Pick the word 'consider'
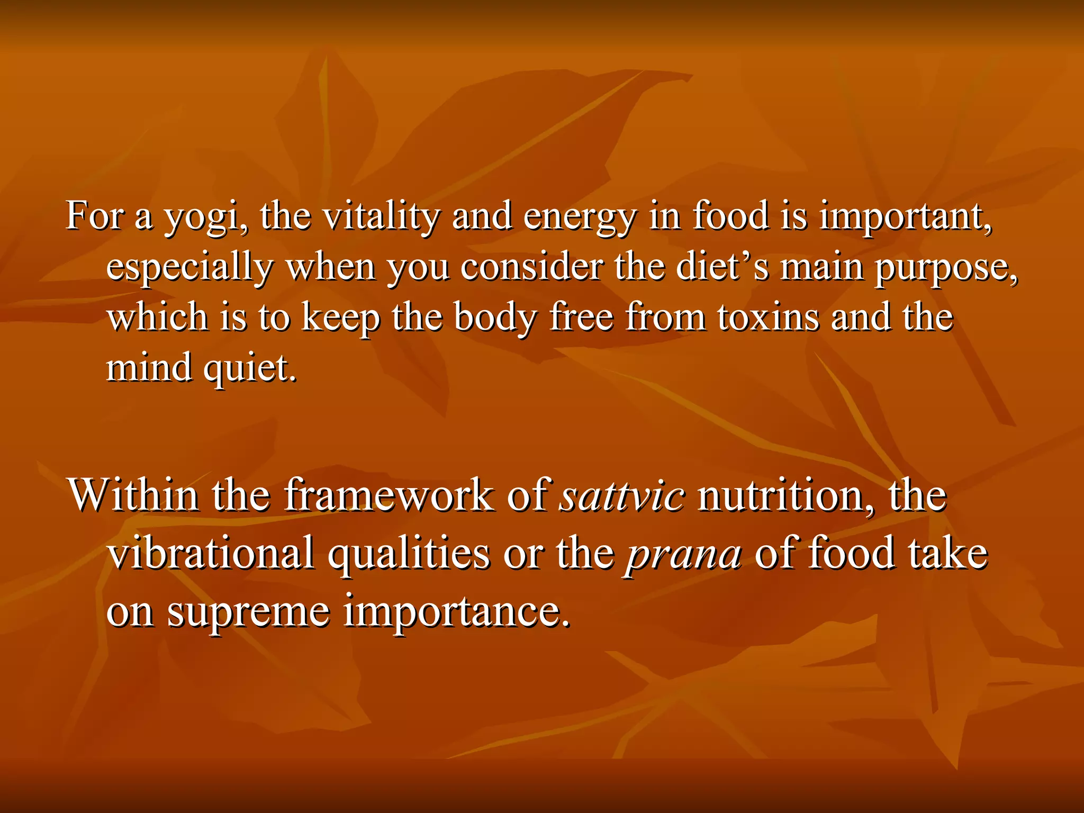(x=531, y=267)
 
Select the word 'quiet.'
(x=250, y=368)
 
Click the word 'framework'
(x=389, y=495)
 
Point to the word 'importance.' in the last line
(x=458, y=612)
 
